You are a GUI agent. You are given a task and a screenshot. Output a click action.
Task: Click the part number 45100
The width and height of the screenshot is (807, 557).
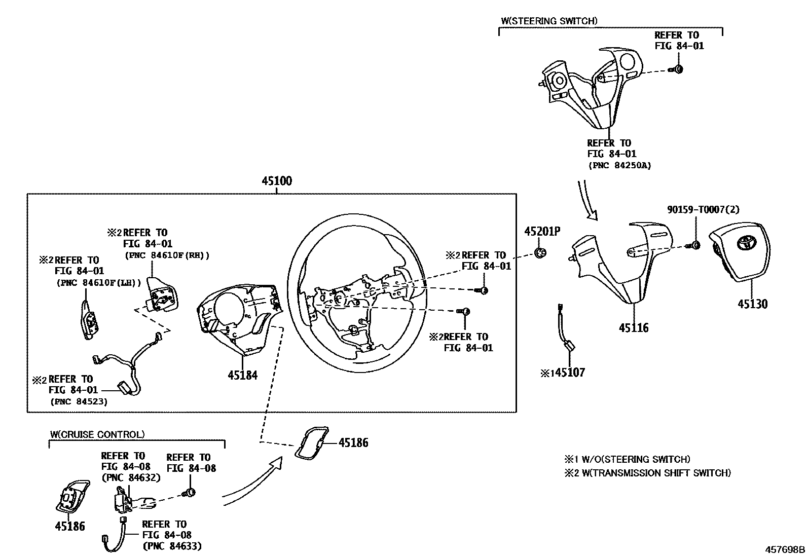[x=277, y=181]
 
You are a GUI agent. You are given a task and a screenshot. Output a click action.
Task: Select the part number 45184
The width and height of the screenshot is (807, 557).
[x=242, y=376]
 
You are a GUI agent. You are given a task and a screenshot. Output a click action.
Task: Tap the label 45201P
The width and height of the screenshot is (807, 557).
[x=542, y=232]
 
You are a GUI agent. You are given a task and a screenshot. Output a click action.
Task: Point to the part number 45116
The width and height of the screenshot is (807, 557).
[x=633, y=328]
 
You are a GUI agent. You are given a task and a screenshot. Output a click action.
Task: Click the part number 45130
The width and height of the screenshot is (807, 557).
[x=752, y=304]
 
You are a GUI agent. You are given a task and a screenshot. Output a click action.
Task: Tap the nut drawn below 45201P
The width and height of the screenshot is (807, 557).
[x=540, y=252]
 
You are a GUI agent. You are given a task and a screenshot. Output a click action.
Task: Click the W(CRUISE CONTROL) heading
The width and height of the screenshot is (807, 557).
[x=97, y=434]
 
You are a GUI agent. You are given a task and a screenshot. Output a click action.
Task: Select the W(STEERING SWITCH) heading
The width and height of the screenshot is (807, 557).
[x=549, y=21]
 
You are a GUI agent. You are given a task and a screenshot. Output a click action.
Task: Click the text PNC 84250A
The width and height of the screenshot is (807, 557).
[x=619, y=165]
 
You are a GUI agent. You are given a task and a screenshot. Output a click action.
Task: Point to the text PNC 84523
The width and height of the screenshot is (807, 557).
[x=79, y=401]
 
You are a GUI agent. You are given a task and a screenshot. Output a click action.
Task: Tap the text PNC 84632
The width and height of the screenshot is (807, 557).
[x=131, y=477]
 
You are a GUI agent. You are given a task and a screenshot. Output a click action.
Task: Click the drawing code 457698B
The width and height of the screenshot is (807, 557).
[x=785, y=549]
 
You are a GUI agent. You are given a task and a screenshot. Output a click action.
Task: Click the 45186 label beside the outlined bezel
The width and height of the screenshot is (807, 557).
[x=353, y=443]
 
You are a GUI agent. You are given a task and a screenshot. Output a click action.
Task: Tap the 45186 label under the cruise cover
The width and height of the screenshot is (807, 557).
[x=70, y=527]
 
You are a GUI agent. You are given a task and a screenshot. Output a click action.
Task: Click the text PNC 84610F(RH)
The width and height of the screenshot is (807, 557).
[x=167, y=255]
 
